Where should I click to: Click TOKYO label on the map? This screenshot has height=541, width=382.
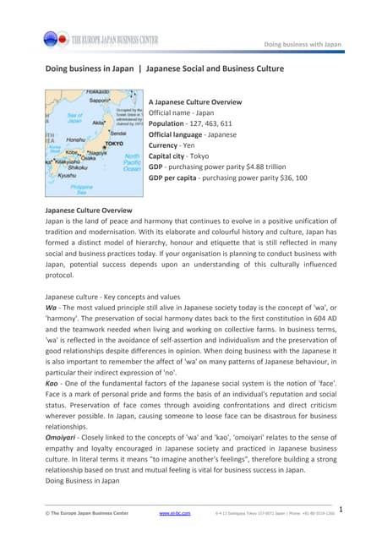(x=114, y=144)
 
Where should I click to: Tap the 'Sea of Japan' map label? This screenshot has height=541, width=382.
(x=74, y=117)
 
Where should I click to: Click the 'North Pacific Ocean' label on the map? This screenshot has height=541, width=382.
(x=133, y=162)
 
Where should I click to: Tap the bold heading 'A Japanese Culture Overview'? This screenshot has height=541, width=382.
(x=195, y=101)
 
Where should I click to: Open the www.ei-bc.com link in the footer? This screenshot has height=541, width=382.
(x=174, y=512)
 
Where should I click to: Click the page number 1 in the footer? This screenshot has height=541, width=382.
(x=339, y=508)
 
